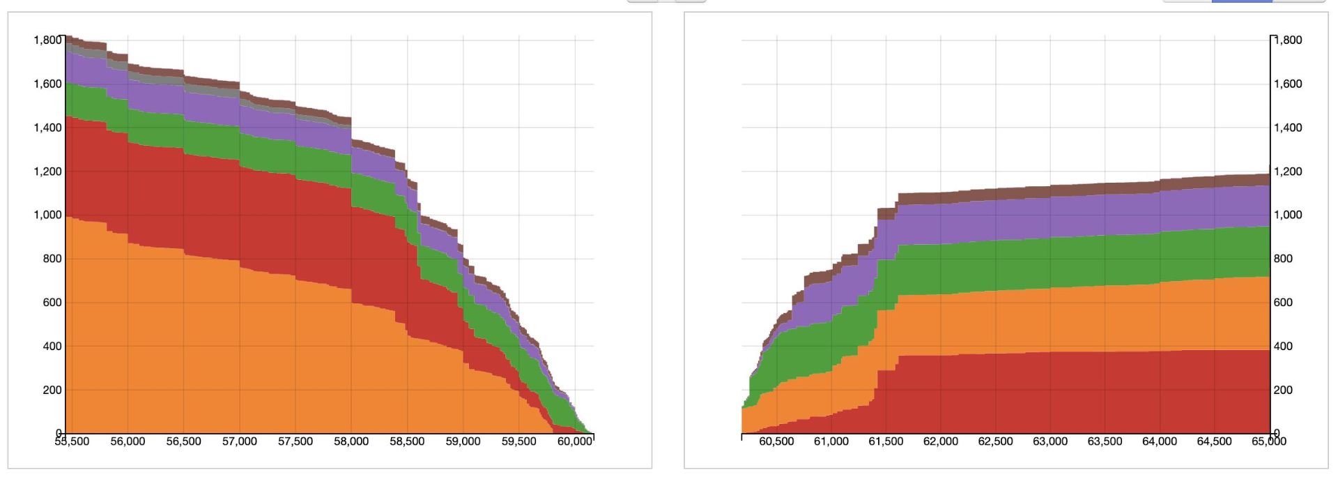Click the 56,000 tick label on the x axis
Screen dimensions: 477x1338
pos(128,441)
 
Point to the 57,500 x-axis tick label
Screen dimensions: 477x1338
pos(295,441)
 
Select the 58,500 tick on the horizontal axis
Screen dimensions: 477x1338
pos(407,441)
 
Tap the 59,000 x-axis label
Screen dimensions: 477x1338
pos(463,441)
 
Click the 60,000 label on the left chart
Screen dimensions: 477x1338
pos(574,441)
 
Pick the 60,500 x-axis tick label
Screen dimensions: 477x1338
pos(776,441)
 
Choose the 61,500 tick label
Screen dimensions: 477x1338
pos(886,441)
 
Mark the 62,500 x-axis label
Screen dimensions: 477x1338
pos(995,441)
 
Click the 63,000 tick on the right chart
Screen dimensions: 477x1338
pos(1050,441)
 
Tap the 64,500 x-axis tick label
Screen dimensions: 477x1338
pos(1214,441)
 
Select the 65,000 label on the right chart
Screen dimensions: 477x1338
pos(1268,441)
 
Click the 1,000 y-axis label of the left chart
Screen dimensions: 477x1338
pos(47,215)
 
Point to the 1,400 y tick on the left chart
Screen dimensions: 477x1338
pos(47,128)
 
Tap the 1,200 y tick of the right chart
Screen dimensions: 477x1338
pos(1288,172)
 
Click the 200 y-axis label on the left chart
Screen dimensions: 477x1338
pos(52,390)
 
